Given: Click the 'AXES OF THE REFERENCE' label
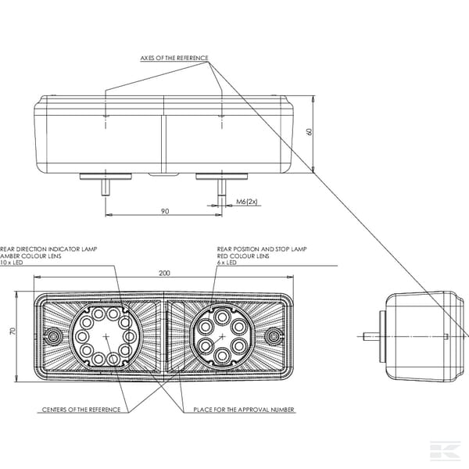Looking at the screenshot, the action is coord(174,58).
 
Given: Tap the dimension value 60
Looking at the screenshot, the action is coord(310,131).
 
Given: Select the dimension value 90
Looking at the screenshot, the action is coord(165,211).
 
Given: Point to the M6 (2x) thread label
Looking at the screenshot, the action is coord(247,202).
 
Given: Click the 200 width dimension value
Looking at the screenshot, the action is coord(164,273).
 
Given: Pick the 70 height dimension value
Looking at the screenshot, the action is coord(13,331).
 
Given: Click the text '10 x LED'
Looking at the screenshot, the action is coord(12,263).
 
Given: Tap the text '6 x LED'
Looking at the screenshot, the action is coord(227,263).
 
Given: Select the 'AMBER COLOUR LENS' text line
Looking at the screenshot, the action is coord(30,256).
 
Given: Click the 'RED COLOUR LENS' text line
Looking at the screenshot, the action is coord(243,256).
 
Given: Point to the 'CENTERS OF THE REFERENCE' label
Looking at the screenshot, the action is coord(81,410).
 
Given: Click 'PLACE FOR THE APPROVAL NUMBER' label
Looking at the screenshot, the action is coord(244,410).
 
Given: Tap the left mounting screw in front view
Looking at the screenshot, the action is coord(54,337).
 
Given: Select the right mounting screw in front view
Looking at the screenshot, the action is coord(274,337).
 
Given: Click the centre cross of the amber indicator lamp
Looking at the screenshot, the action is coord(106,336).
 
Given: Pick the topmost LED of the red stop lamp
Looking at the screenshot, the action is coord(222,317).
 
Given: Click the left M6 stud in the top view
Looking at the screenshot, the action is coord(105,188).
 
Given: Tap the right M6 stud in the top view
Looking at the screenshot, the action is coord(222,188).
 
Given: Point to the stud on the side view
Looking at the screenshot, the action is coord(371,336).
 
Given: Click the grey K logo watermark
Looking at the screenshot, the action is coord(445,449).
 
